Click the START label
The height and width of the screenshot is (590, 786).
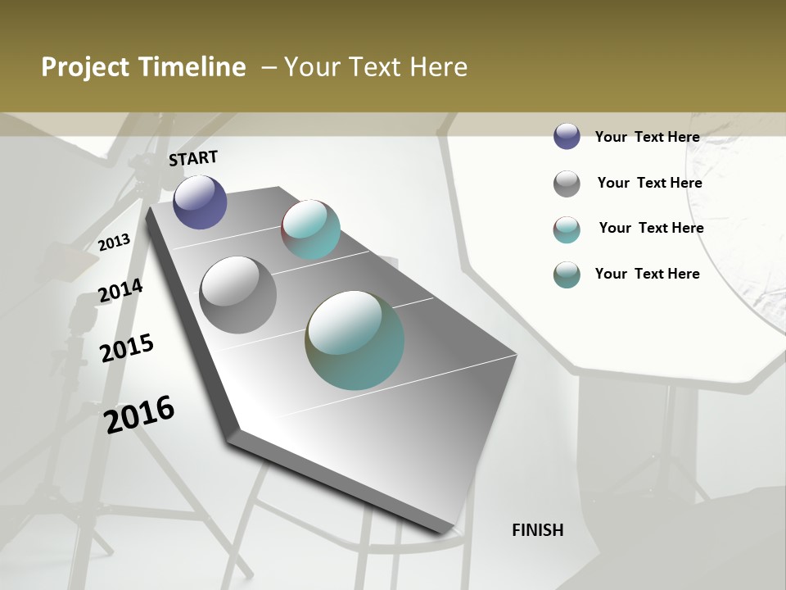[x=193, y=158]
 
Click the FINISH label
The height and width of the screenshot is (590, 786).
[x=537, y=530]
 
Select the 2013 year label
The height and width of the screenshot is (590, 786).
[x=115, y=243]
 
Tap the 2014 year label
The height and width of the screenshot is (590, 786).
[x=120, y=291]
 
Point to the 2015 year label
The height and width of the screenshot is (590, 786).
[x=127, y=347]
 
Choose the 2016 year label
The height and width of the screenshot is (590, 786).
[x=139, y=415]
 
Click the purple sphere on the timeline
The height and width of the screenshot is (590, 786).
[x=200, y=202]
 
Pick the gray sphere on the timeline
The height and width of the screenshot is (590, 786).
[x=237, y=295]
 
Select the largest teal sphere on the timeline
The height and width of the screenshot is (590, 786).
[x=355, y=339]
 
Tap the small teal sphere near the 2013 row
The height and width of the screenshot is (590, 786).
[x=310, y=229]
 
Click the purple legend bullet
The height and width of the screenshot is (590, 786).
[x=567, y=136]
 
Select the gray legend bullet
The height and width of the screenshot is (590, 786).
[x=567, y=184]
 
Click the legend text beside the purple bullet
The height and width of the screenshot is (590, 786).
[x=647, y=137]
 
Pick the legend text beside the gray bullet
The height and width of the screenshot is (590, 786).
[x=649, y=183]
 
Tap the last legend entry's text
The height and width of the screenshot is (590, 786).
[x=647, y=274]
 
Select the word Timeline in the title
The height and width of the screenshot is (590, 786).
[x=193, y=67]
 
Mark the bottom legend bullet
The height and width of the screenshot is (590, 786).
[x=567, y=275]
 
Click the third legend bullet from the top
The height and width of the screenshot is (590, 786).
[x=567, y=229]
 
